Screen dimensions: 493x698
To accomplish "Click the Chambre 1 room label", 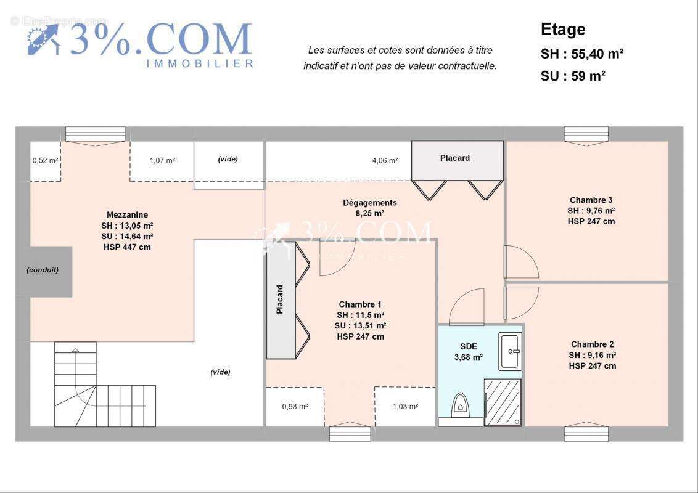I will (360, 304).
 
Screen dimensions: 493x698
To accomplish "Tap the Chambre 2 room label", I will (592, 344).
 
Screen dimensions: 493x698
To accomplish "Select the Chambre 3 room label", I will (591, 200).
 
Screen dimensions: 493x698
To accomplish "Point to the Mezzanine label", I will (127, 215).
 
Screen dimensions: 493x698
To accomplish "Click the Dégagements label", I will (370, 203).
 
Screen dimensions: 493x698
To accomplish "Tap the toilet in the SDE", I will (460, 404).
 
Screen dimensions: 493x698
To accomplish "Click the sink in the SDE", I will (511, 351).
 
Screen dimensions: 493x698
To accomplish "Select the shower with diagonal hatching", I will (503, 402).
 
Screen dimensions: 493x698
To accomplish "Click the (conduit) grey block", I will (43, 270).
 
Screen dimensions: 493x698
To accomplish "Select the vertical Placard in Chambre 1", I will (281, 299).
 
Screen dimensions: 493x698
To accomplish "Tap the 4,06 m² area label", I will (384, 160).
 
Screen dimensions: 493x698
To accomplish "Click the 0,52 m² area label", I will (45, 161).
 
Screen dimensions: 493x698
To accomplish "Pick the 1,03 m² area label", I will (405, 407).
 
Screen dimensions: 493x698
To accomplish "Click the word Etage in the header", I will (563, 30).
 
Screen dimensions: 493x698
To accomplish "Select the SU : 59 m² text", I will (572, 76).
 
